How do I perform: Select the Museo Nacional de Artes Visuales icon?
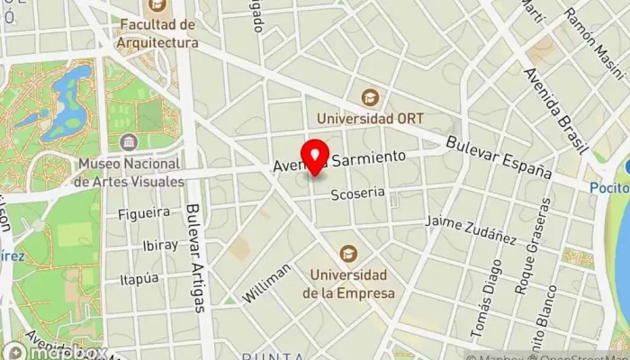[130, 143]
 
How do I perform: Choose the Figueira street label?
[144, 213]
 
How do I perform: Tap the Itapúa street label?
[145, 278]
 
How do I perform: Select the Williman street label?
[267, 283]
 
